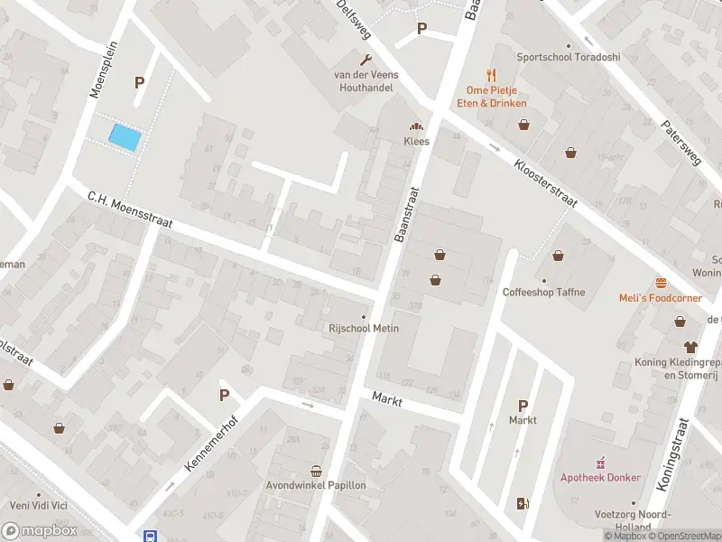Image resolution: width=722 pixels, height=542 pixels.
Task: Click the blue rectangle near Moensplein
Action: [125, 137]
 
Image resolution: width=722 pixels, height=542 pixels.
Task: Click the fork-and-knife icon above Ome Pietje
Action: [491, 75]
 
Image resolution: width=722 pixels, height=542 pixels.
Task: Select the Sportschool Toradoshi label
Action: [569, 57]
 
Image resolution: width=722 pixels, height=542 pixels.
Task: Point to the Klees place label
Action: [416, 141]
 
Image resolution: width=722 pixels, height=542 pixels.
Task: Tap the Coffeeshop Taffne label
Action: [544, 292]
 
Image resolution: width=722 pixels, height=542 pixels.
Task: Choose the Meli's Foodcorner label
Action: [662, 298]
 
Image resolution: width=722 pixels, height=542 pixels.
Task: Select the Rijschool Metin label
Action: [364, 328]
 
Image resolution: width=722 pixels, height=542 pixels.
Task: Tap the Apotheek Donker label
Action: [601, 478]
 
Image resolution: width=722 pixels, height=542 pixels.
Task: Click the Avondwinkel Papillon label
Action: [316, 485]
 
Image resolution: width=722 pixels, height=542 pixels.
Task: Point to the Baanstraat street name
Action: [408, 215]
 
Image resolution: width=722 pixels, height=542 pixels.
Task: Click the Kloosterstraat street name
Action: [545, 183]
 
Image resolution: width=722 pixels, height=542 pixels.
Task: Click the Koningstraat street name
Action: [673, 454]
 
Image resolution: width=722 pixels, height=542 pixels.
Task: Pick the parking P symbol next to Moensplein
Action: [139, 82]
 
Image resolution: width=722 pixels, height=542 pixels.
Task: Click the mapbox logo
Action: [40, 531]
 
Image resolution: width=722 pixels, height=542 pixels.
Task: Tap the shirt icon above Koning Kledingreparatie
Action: [691, 346]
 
